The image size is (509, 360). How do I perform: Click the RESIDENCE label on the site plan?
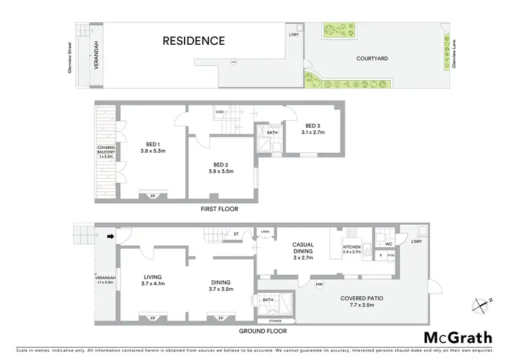tap(193, 41)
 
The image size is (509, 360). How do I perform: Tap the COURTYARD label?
tap(372, 59)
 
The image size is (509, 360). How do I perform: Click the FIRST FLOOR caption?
tap(219, 209)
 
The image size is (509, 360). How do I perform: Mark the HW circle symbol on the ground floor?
tap(319, 284)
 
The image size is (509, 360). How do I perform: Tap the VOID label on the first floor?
tap(220, 111)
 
